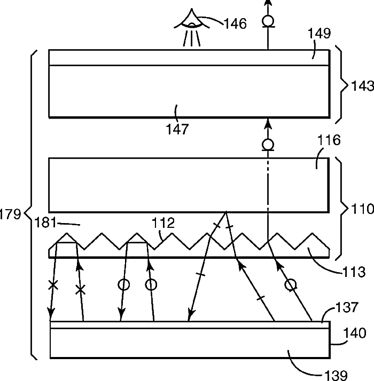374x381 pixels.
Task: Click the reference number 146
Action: (235, 24)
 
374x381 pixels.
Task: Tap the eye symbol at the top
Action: (191, 27)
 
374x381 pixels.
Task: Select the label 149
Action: (320, 33)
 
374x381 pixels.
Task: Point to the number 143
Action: (362, 86)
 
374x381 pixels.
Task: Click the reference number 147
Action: (177, 129)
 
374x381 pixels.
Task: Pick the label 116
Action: (329, 140)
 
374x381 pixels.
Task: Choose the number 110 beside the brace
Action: (362, 209)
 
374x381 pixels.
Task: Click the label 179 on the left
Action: (10, 215)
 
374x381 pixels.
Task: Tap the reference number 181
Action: (45, 223)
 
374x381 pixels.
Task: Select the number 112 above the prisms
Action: (163, 223)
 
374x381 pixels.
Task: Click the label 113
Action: (354, 272)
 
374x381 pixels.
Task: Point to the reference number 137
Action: (347, 307)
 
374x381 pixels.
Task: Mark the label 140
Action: (355, 333)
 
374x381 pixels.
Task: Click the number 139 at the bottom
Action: (336, 376)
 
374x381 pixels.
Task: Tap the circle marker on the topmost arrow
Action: (268, 21)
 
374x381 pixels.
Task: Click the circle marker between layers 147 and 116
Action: (268, 145)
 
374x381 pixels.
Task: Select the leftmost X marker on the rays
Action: (53, 285)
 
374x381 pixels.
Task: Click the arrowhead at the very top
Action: (268, 3)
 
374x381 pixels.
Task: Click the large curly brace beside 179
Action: (31, 205)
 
